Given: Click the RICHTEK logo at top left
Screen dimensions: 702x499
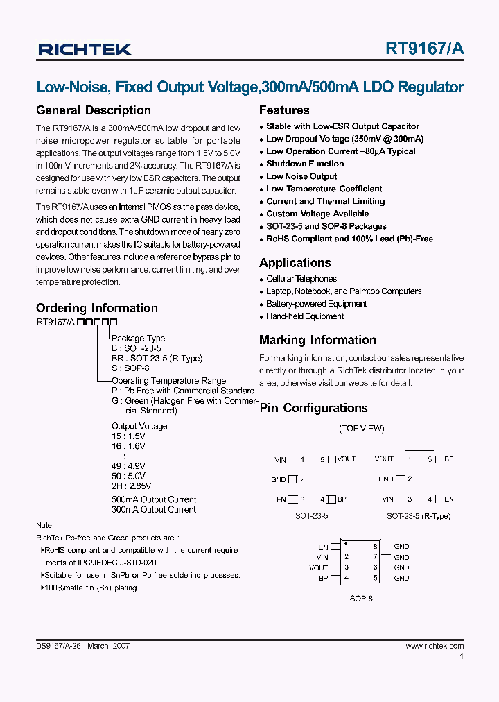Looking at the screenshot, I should [85, 49].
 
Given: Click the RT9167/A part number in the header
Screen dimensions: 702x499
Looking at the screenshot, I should [425, 49].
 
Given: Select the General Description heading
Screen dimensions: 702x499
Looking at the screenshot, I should [93, 110].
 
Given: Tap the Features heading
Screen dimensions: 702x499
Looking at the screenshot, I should [284, 110].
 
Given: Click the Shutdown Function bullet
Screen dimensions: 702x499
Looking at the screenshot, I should [305, 164].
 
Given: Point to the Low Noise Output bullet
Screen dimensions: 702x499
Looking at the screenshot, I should [301, 176].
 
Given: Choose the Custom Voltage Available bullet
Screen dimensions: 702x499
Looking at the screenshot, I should [317, 214].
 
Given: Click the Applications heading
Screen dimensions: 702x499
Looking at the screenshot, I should [295, 263].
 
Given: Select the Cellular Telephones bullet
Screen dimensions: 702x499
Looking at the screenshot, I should [301, 279].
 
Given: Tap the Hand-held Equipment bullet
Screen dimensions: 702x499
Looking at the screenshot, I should [305, 316].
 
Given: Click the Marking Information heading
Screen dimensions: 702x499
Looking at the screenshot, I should [317, 340].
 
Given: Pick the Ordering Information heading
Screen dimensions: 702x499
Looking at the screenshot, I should [96, 308].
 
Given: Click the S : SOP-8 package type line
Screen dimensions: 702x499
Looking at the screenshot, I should [130, 368].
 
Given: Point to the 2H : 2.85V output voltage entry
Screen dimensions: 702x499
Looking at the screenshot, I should [131, 486].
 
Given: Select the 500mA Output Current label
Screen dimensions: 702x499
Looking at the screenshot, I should [154, 499].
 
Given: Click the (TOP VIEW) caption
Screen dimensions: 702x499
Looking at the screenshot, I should [361, 429].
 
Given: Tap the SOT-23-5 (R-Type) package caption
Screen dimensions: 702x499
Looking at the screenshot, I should [418, 516].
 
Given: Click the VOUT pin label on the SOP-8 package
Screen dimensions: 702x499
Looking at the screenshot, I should [319, 567].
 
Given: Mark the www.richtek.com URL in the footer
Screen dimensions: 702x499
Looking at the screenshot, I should [435, 646].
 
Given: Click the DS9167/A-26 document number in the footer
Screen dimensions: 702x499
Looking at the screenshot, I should [59, 646].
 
